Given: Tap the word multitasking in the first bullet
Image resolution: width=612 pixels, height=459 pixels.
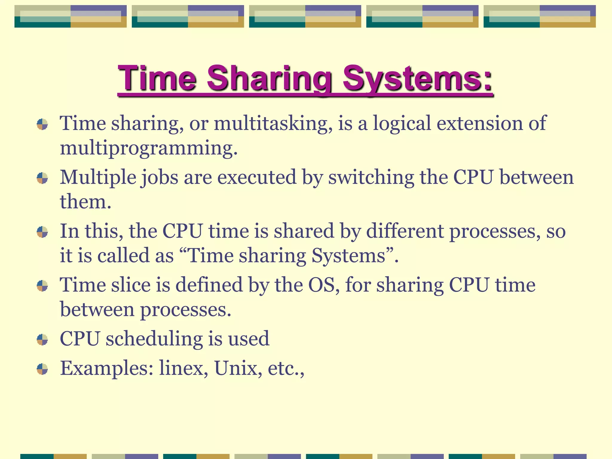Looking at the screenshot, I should tap(273, 123).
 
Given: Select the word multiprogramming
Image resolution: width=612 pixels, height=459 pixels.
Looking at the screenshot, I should tap(149, 148).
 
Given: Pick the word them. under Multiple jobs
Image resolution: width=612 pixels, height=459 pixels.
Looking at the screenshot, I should tap(85, 202).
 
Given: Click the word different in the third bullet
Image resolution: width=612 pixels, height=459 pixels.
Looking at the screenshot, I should tap(405, 231).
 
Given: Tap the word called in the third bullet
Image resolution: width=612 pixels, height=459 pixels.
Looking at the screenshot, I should tap(123, 256).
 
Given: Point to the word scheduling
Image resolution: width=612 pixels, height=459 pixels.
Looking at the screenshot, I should tap(154, 339).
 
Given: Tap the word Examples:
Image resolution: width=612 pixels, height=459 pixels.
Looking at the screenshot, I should tap(107, 368).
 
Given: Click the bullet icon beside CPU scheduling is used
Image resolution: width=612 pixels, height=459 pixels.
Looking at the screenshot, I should tap(42, 339).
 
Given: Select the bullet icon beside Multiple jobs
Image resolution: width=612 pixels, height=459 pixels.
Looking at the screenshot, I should tap(42, 178).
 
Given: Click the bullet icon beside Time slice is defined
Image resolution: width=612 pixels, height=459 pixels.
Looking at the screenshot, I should tap(42, 286).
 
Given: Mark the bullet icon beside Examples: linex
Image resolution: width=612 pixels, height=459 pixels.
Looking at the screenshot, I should tap(42, 369).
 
